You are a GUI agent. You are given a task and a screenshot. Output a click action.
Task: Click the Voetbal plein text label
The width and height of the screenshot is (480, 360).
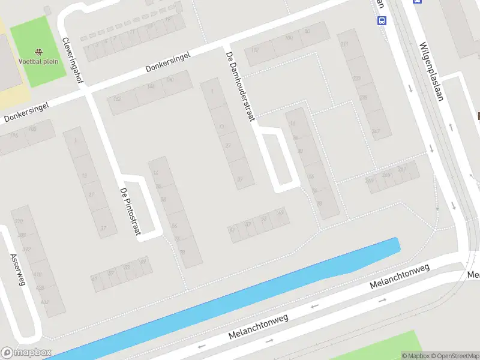[38, 61]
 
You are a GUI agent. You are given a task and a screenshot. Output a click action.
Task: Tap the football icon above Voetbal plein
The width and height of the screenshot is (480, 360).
[39, 52]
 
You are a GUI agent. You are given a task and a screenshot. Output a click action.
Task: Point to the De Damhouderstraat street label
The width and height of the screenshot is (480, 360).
[238, 86]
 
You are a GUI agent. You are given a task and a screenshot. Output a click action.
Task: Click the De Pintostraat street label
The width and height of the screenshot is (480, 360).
[130, 211]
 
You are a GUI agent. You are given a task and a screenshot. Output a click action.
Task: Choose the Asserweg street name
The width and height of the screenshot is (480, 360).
[17, 269]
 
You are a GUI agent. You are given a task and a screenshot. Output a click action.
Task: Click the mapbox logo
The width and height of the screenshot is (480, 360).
[26, 353]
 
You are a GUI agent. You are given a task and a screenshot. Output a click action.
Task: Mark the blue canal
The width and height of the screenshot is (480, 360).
[240, 294]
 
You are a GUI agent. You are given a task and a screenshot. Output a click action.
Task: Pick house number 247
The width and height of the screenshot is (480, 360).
[376, 131]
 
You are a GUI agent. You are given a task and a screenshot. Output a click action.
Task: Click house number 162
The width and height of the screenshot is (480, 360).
[116, 99]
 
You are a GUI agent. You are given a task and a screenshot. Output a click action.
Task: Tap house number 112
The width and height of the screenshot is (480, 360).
[256, 50]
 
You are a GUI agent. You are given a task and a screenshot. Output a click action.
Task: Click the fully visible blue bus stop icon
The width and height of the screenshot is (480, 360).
[381, 20]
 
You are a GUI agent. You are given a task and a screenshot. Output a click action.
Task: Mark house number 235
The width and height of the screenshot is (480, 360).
[363, 97]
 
